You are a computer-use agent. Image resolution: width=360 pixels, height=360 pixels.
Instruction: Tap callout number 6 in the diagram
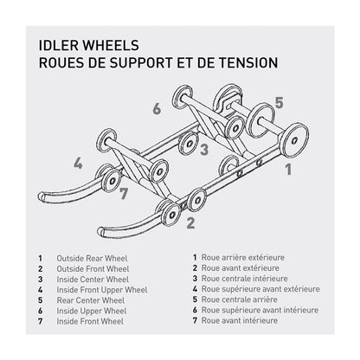(157, 109)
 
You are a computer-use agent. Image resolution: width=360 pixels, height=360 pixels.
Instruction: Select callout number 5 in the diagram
(280, 102)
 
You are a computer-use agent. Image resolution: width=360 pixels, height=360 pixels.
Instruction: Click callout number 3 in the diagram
(203, 148)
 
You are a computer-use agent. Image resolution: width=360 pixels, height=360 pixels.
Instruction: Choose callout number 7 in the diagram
(124, 192)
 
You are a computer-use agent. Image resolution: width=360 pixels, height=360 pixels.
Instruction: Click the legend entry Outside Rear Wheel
(92, 258)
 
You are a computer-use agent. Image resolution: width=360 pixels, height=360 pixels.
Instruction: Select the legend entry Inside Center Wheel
(93, 279)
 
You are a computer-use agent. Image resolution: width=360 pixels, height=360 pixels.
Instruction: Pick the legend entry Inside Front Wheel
(90, 320)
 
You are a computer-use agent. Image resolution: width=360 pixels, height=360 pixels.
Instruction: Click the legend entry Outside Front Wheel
(93, 268)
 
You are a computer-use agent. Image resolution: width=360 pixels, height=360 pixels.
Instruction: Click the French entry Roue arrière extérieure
(247, 257)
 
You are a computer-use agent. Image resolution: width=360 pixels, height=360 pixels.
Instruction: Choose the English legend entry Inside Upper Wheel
(92, 310)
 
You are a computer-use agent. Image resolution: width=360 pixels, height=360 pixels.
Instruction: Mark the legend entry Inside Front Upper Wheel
(101, 289)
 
